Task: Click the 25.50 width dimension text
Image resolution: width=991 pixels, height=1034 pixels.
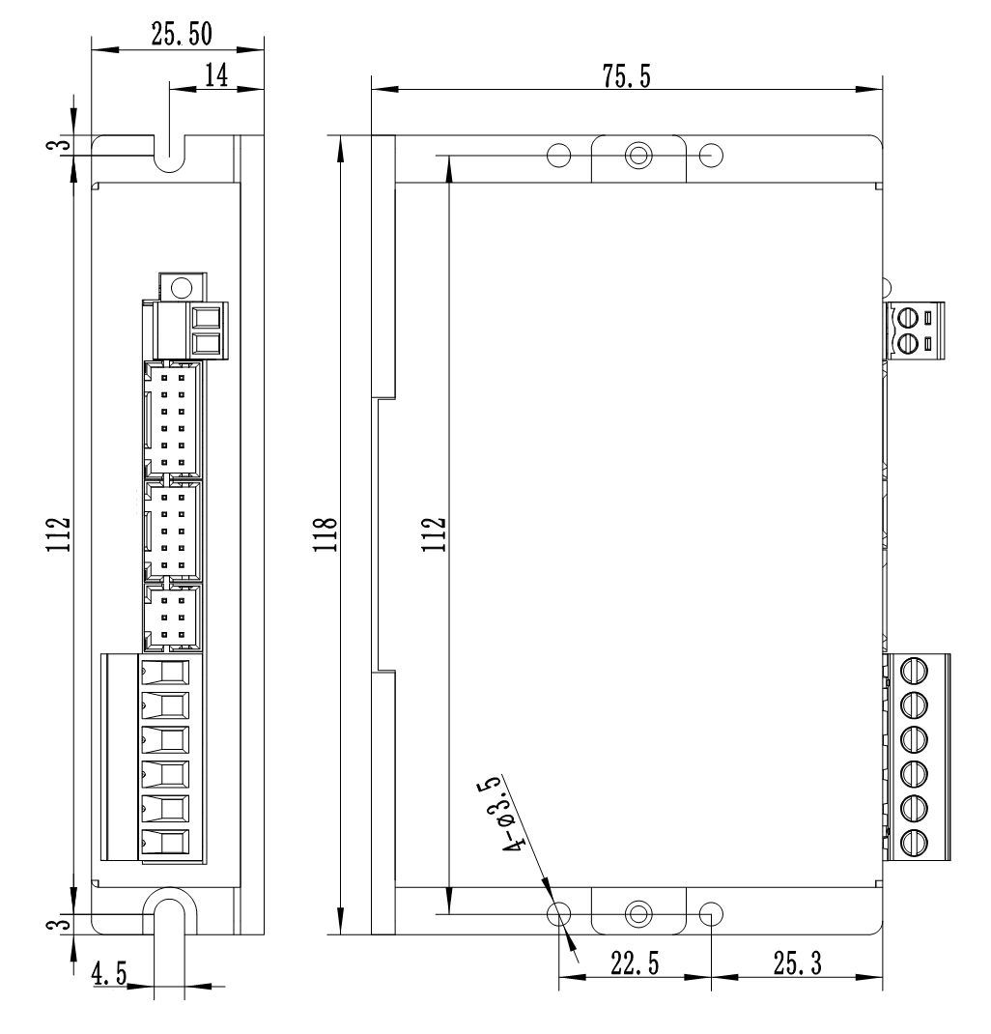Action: pos(183,33)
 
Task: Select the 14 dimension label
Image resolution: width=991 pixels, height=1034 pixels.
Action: pos(214,77)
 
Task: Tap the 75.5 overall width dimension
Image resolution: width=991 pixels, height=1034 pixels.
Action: pos(626,77)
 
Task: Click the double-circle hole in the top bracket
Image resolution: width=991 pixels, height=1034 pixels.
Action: pos(637,155)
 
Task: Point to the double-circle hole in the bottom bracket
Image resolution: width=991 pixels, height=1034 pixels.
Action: pos(637,913)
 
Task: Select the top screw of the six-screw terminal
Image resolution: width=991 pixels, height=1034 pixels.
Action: pos(914,668)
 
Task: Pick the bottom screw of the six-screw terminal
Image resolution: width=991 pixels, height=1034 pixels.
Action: pos(914,841)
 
